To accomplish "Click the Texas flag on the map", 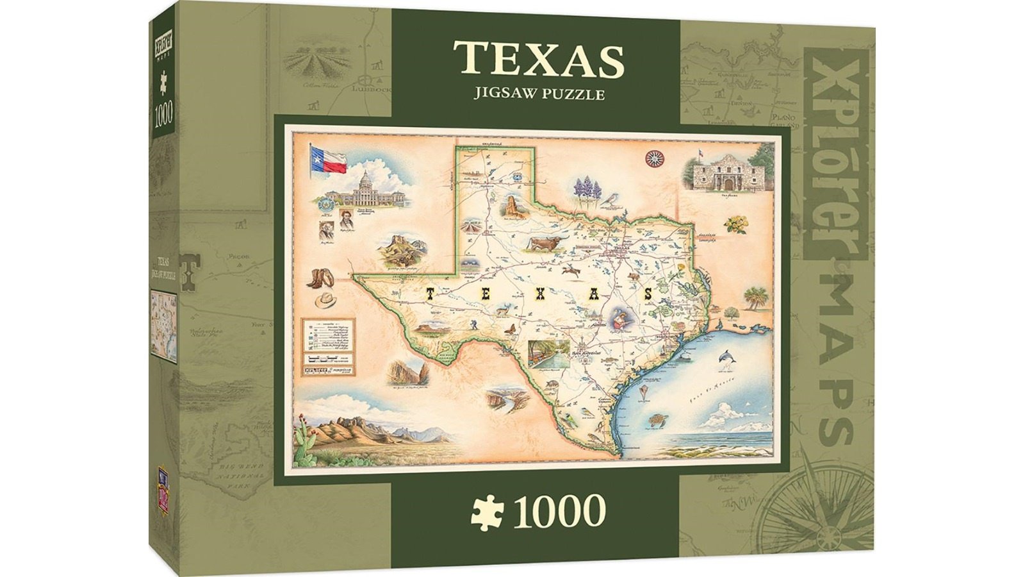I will click(329, 158).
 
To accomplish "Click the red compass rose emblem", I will click(655, 157).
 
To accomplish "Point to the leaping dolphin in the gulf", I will click(727, 359).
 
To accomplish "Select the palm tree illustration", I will click(755, 297).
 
